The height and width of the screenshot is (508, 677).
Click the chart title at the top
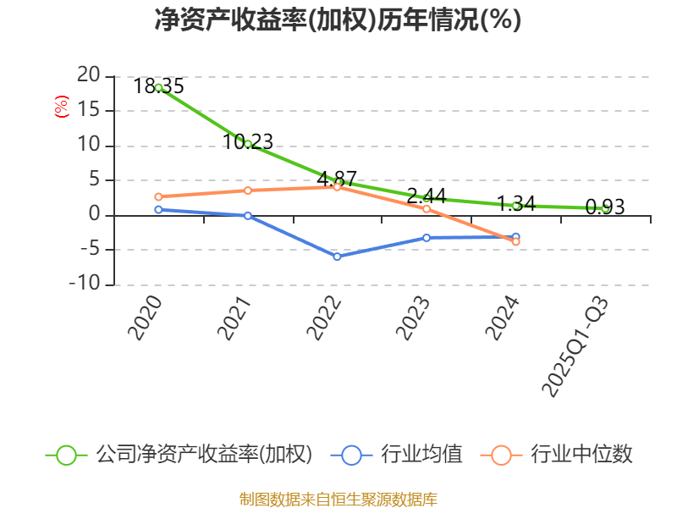(338, 20)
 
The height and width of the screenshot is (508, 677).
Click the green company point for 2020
(158, 87)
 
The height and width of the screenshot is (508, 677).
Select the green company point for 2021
(248, 144)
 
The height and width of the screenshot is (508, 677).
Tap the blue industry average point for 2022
(337, 257)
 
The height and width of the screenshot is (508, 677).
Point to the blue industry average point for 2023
(427, 238)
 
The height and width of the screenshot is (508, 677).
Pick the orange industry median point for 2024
(516, 242)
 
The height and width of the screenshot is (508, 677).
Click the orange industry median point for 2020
(158, 196)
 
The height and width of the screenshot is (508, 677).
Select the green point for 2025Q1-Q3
(605, 208)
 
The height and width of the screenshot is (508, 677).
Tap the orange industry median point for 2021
(248, 190)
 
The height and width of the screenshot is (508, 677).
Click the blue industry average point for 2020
(158, 209)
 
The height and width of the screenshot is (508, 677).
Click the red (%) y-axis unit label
(61, 107)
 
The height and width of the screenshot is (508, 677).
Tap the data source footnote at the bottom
(338, 499)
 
